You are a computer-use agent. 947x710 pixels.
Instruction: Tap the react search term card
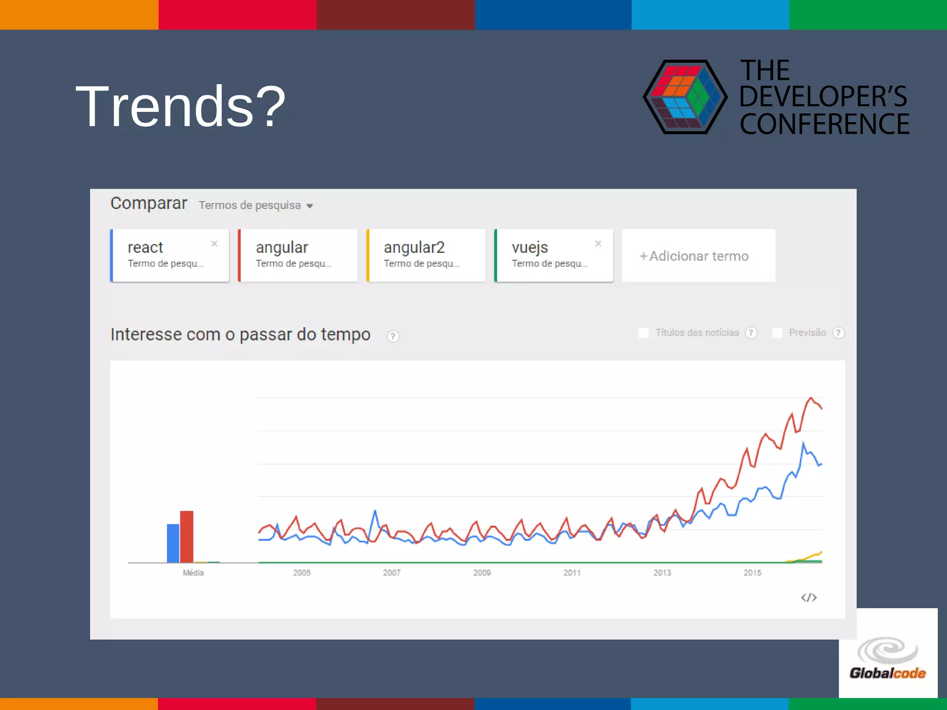pos(170,255)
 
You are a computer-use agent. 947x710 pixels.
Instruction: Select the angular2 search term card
pos(426,255)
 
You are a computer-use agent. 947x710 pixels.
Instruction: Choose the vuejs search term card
pos(553,255)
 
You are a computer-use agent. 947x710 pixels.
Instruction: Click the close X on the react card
pos(215,244)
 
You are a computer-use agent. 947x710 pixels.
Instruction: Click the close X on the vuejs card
pos(598,244)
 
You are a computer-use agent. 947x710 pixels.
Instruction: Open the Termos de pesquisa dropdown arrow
pos(310,206)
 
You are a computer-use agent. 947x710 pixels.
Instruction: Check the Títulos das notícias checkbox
pos(643,333)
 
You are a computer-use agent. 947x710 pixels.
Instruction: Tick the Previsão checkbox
pos(777,333)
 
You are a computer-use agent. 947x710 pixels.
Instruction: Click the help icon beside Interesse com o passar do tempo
pos(393,336)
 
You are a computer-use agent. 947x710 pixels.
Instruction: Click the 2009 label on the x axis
pos(482,573)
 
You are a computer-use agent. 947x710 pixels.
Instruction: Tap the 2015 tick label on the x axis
pos(752,573)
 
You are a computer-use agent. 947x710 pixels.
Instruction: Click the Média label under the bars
pos(193,573)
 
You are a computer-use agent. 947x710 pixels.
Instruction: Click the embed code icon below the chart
pos(809,598)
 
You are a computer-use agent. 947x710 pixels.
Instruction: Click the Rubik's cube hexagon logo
pos(685,97)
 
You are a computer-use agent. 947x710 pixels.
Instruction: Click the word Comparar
pos(148,203)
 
